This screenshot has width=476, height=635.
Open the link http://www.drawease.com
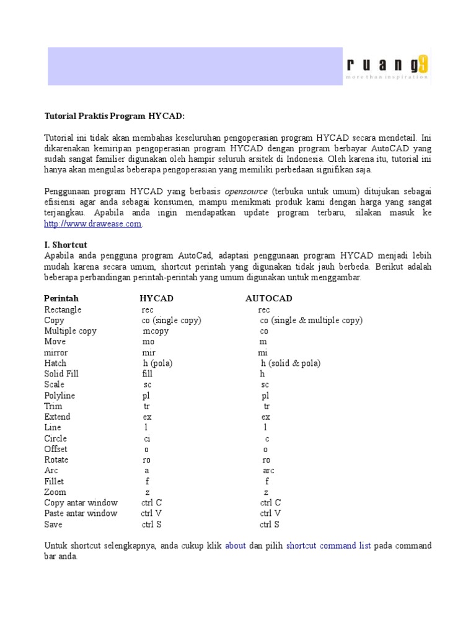pos(93,224)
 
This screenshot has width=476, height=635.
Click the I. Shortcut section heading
pos(66,245)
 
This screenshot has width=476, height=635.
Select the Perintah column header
pos(61,298)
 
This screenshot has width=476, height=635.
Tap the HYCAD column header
pos(156,298)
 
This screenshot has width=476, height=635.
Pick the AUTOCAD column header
pos(268,298)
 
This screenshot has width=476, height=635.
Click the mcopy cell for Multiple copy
pos(156,331)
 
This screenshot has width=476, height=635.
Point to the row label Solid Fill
pos(61,374)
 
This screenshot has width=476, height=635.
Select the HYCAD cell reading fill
pos(147,374)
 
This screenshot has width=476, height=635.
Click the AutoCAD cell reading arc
pos(268,471)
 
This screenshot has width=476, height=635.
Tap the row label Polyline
pos(59,396)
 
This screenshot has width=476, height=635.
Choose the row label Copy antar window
pos(81,503)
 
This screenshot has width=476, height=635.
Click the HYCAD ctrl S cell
pos(151,525)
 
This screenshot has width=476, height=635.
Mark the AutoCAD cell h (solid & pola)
pos(290,363)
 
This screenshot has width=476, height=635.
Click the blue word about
pos(236,546)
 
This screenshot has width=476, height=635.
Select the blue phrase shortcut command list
pos(328,546)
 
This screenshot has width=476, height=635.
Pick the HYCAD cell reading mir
pos(149,352)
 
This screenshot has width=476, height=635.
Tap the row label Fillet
pos(54,481)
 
